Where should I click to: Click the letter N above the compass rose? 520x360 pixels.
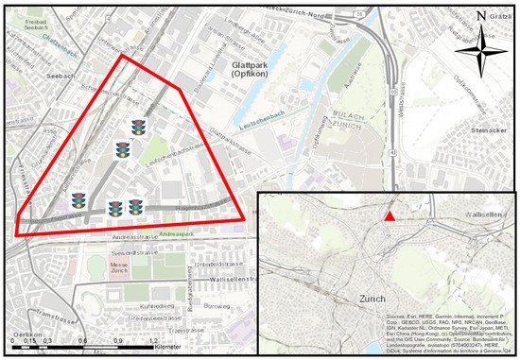(x=482, y=16)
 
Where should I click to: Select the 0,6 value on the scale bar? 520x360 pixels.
(x=83, y=341)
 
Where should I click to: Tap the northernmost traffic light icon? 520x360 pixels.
(x=140, y=127)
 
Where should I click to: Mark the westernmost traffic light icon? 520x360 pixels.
(x=78, y=200)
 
